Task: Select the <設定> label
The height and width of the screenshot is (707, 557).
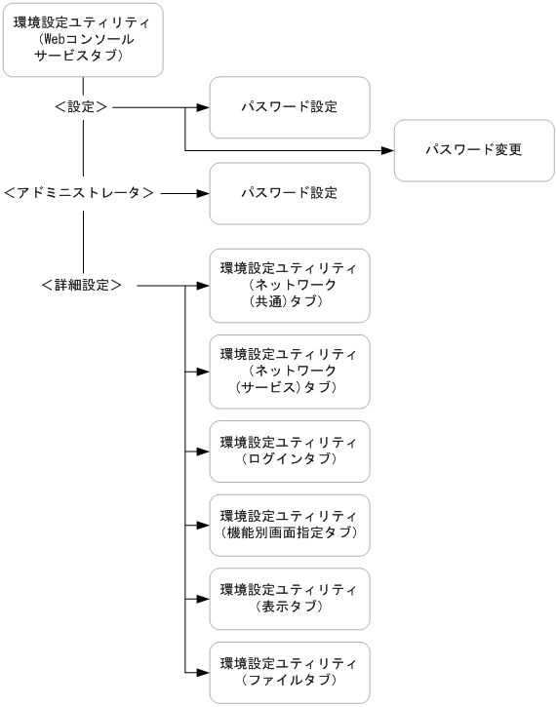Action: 82,107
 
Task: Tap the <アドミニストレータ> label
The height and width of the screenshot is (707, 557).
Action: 79,193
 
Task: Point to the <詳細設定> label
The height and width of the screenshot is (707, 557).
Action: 82,285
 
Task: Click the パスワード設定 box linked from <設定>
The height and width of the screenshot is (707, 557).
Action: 290,107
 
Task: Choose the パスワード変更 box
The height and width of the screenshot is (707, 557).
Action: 474,150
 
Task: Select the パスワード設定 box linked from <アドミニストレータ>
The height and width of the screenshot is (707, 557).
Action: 290,193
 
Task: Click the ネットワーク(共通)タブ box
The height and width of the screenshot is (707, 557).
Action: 290,285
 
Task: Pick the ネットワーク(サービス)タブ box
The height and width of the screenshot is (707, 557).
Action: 290,371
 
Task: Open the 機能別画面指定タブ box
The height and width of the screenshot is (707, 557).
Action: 290,524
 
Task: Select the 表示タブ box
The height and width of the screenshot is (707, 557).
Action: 290,598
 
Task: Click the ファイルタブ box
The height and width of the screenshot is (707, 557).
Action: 290,672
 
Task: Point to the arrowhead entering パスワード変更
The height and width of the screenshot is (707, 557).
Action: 387,150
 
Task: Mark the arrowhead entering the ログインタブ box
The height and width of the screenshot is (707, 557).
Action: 204,452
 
